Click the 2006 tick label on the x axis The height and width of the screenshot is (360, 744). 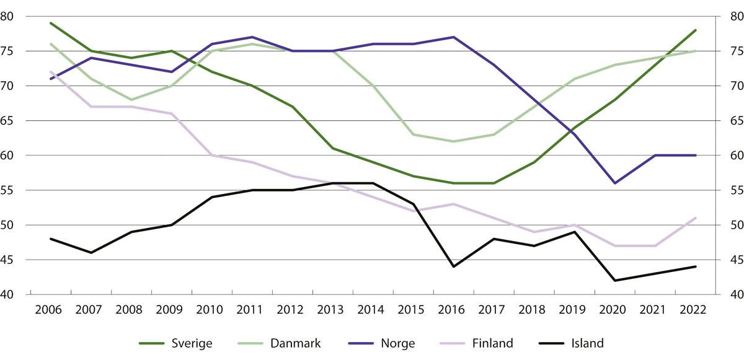pos(50,310)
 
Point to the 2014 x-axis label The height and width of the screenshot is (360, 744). pos(373,310)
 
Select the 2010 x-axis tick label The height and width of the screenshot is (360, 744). pos(211,310)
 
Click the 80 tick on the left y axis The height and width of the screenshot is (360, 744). pos(14,17)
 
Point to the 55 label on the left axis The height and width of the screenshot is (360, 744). pos(14,191)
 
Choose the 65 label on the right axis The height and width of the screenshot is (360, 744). pos(729,121)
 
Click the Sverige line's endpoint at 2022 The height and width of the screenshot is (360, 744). pos(696,30)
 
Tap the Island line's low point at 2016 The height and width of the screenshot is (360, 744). pos(453,266)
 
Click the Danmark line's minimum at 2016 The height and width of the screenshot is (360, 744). pos(453,141)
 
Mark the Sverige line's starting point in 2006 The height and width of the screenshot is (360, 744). pos(50,23)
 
